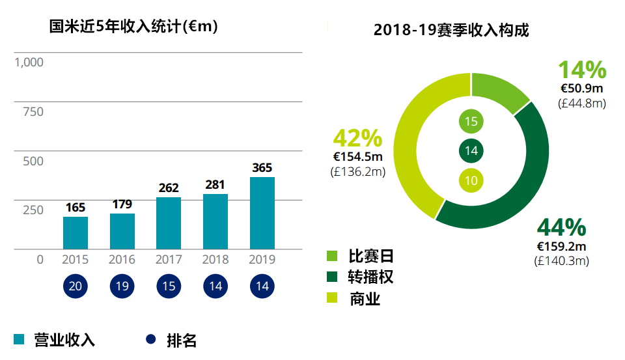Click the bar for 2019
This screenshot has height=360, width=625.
[x=262, y=213]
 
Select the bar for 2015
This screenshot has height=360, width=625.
[x=76, y=232]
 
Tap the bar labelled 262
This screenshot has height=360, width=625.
[x=169, y=223]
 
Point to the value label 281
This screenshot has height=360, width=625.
[x=215, y=184]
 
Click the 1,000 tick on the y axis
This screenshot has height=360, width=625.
[x=29, y=62]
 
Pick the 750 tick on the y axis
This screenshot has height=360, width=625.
[x=33, y=112]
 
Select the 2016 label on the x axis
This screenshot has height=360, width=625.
[x=122, y=259]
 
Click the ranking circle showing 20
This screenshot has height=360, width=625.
[x=76, y=286]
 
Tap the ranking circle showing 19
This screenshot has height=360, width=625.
[x=122, y=286]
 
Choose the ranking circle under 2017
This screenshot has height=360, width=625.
[x=169, y=286]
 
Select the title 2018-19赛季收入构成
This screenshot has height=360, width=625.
[x=451, y=30]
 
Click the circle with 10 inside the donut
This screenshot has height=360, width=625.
[x=471, y=181]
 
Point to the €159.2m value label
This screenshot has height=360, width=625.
[x=561, y=247]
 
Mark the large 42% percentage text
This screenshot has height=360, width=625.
[x=357, y=138]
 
